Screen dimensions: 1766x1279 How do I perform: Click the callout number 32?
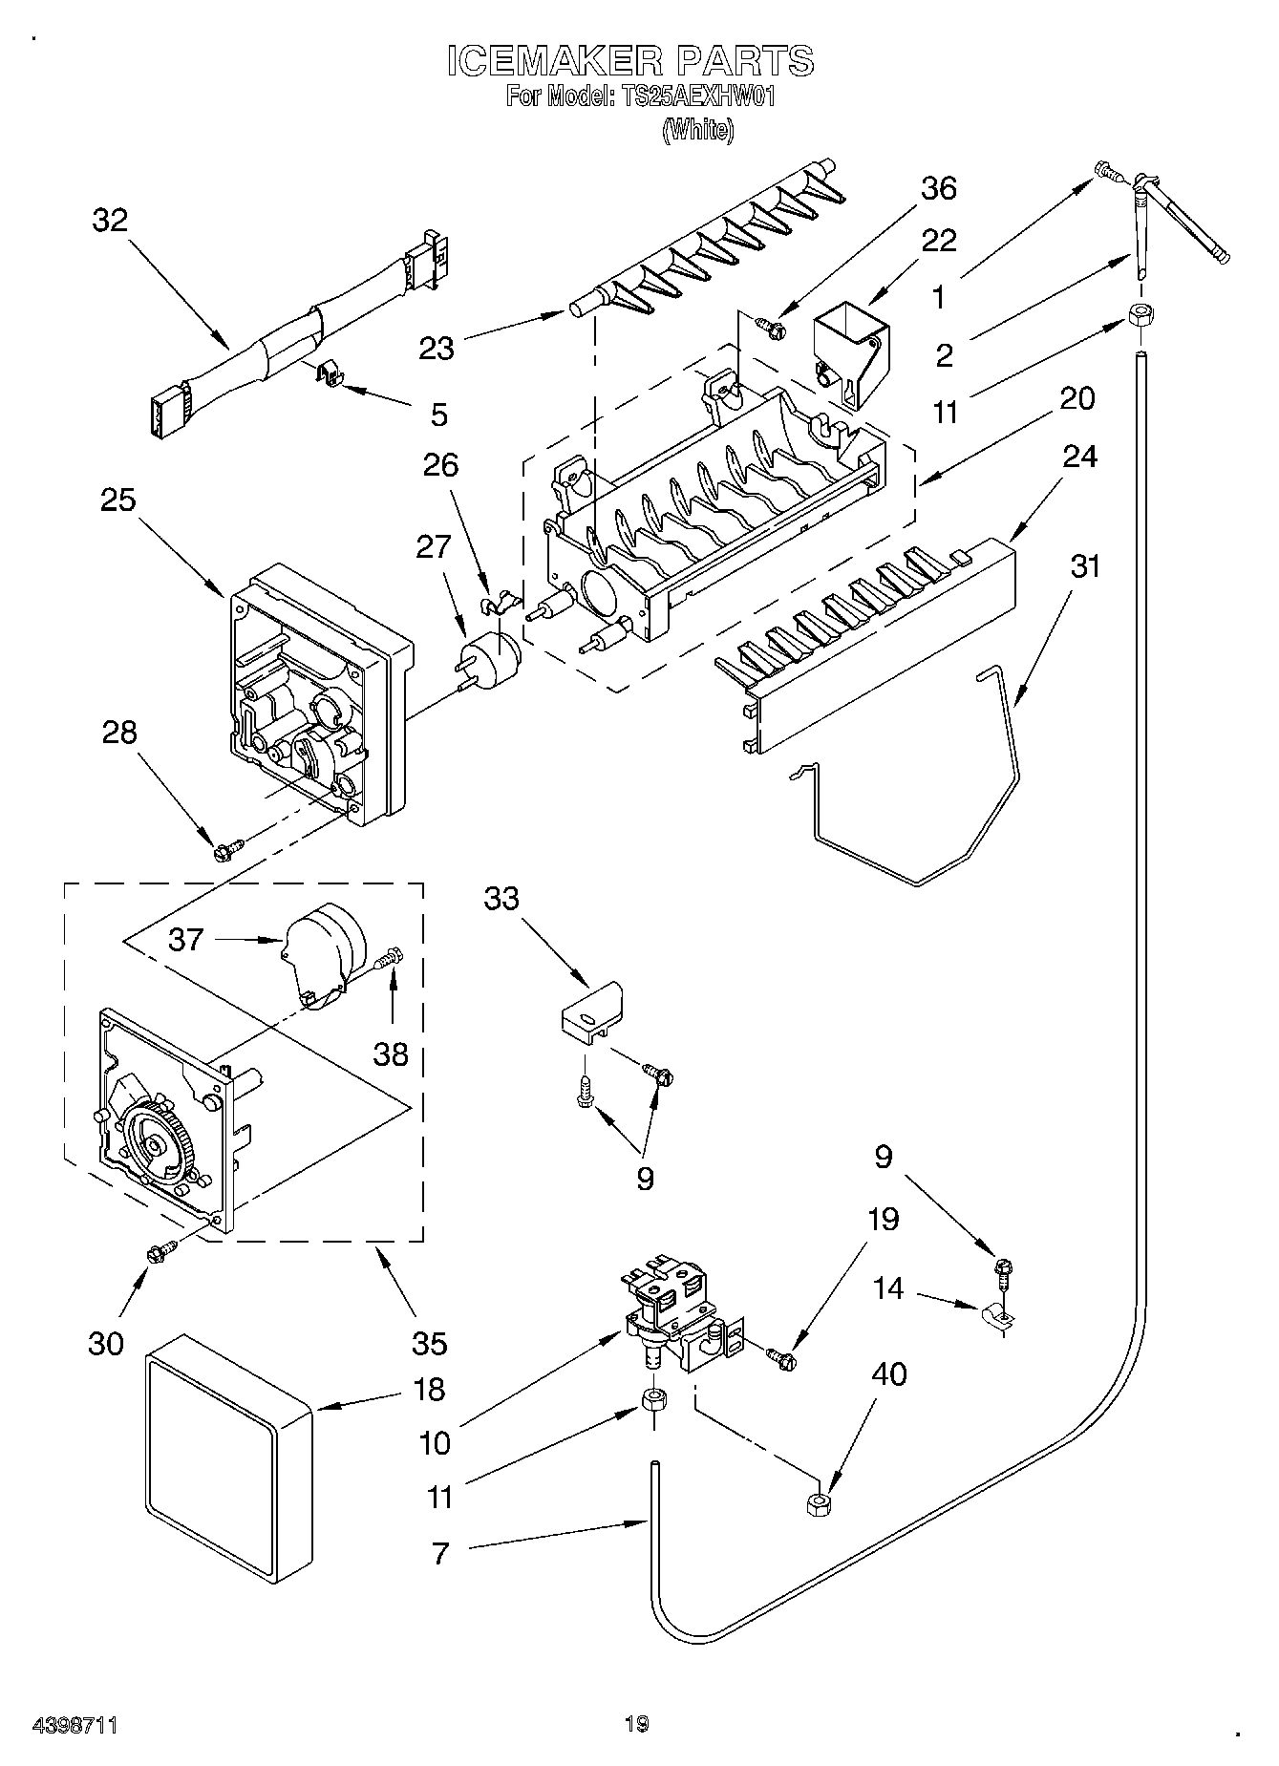click(110, 221)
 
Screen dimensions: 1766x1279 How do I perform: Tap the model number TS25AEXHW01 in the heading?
click(678, 97)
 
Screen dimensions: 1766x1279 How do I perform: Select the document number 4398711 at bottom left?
click(75, 1725)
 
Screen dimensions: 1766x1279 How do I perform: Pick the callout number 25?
click(118, 500)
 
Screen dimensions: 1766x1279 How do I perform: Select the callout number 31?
click(1084, 567)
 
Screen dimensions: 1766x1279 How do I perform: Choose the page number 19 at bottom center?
click(637, 1725)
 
